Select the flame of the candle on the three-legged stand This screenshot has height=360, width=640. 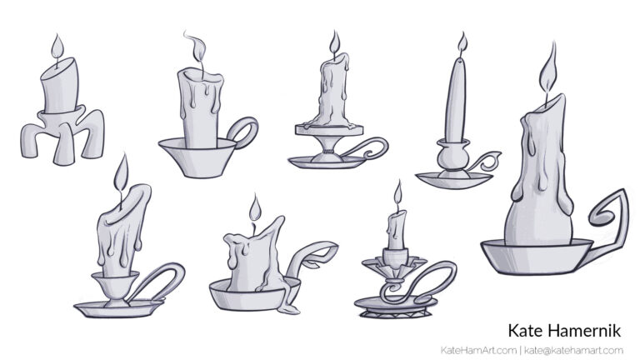coord(57,48)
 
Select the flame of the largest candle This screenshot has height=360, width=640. coord(548,69)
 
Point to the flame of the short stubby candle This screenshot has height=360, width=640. coord(255,208)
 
